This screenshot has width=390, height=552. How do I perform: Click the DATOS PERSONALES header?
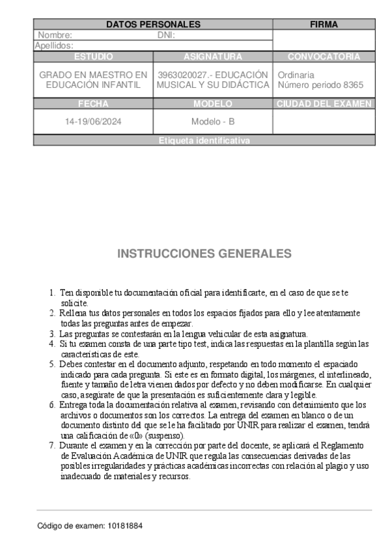(153, 25)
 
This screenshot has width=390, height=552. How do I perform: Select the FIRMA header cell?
(324, 25)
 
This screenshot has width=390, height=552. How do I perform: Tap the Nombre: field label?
(55, 35)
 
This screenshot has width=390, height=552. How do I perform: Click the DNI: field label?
(167, 35)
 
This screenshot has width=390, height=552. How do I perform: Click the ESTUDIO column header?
(93, 57)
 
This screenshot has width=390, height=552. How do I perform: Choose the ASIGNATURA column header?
(213, 57)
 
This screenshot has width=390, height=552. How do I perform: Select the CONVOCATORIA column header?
(324, 57)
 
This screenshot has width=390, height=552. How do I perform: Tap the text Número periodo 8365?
(320, 85)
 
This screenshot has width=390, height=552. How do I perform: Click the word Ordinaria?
(296, 75)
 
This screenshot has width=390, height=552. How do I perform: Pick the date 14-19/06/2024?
(93, 122)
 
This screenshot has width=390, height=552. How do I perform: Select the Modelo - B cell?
(213, 122)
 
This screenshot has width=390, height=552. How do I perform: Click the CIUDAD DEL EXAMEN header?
(324, 103)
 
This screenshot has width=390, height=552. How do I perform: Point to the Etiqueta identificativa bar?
(204, 141)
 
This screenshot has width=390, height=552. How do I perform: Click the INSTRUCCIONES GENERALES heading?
(204, 254)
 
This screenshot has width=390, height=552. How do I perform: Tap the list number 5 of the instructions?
(52, 364)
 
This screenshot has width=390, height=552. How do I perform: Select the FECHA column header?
(93, 103)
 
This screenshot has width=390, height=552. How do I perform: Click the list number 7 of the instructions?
(52, 445)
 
